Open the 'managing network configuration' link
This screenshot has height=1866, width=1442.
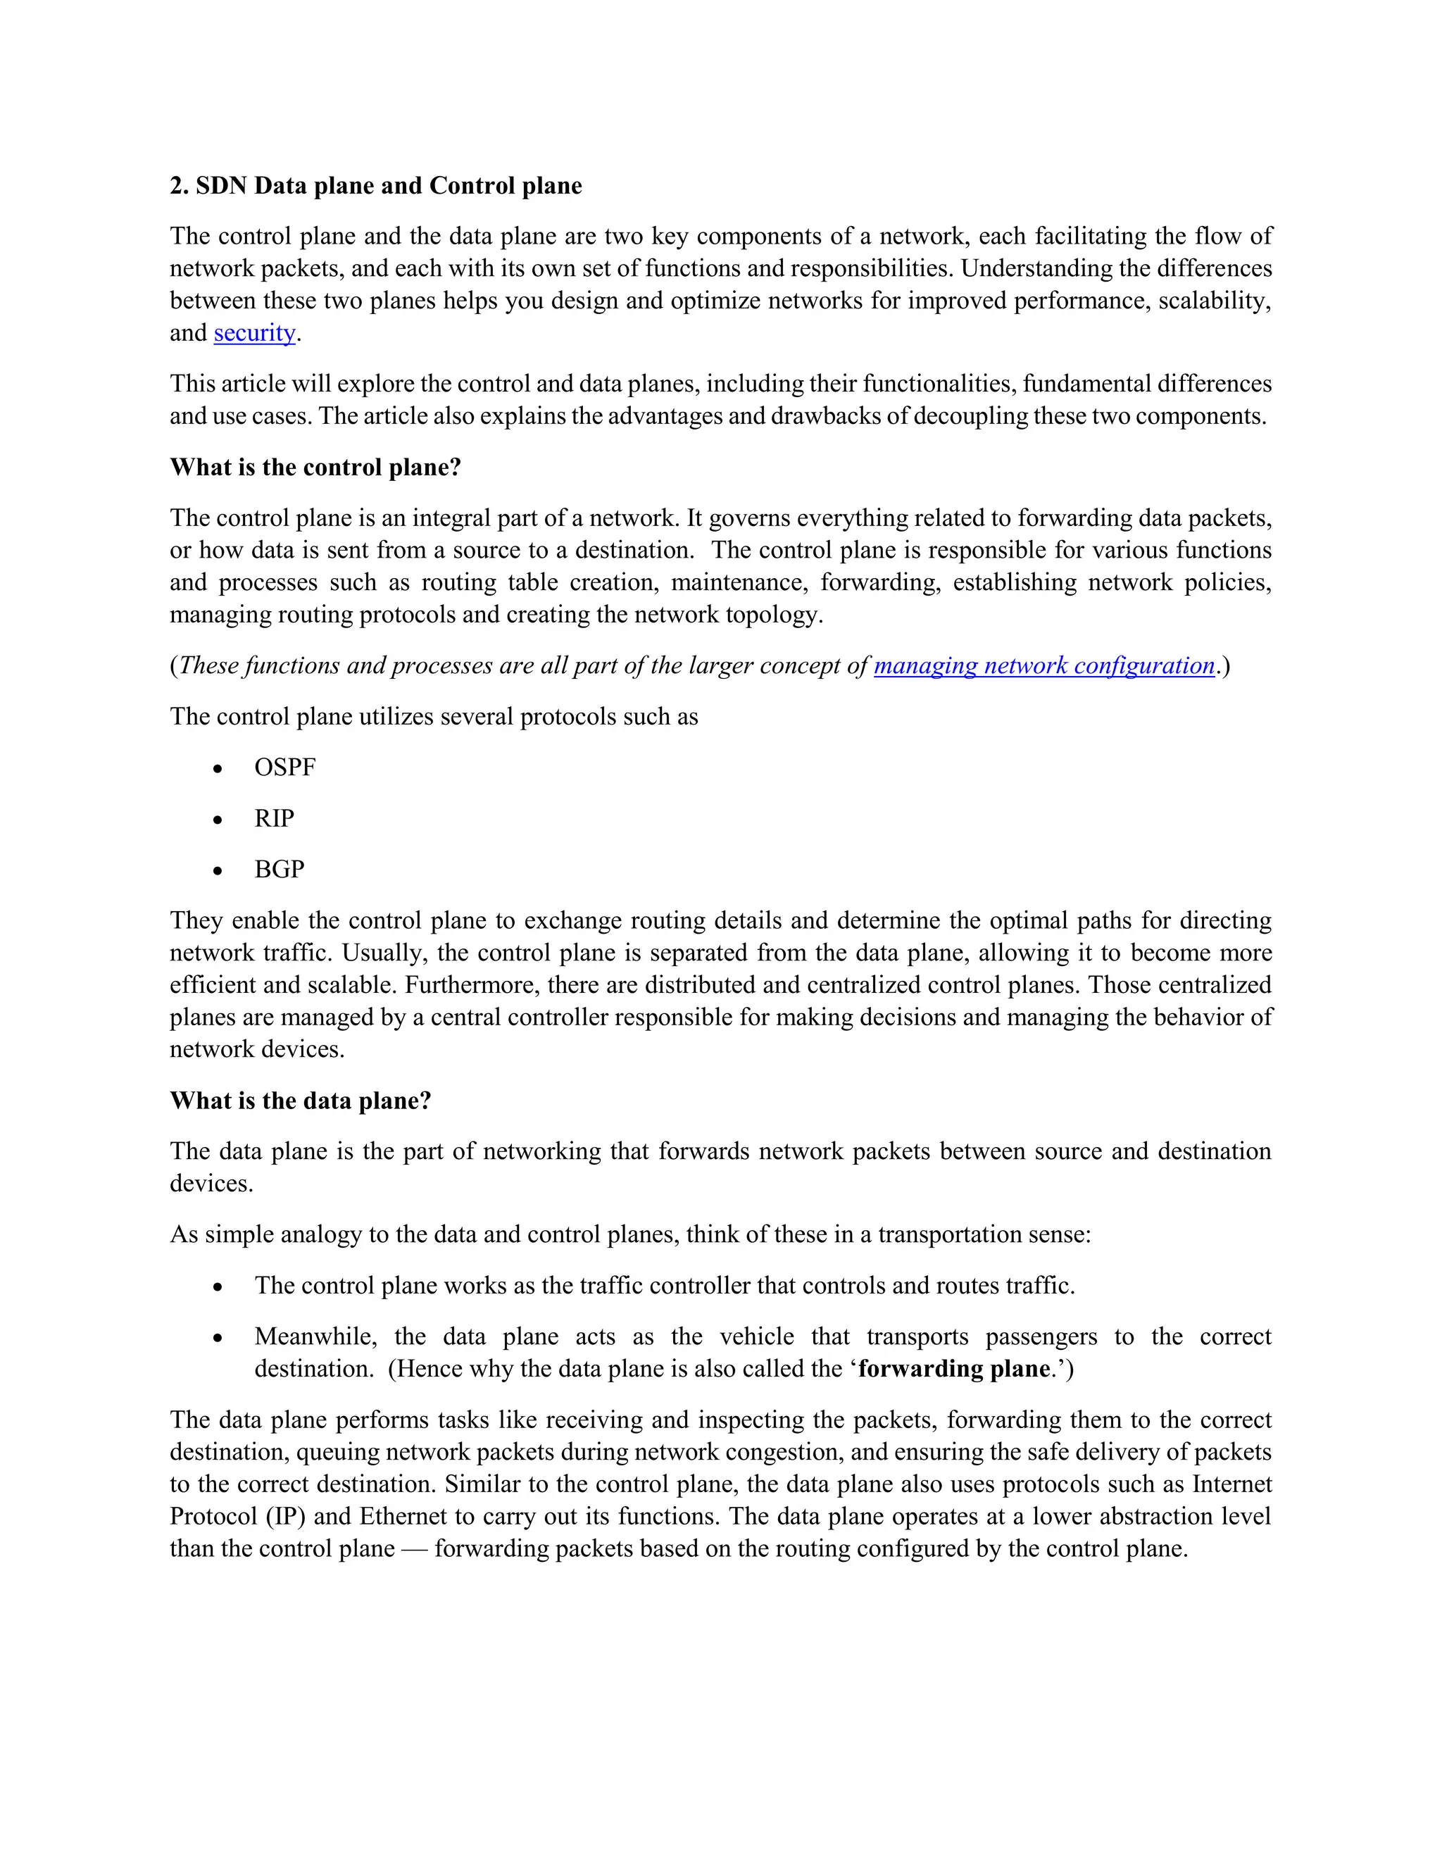click(1044, 665)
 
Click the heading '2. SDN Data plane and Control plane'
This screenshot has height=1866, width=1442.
click(376, 187)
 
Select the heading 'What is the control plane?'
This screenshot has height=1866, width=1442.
click(315, 468)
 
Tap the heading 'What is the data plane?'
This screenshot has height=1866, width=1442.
click(300, 1101)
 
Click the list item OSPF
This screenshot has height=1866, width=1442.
click(284, 768)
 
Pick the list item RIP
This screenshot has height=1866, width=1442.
click(273, 818)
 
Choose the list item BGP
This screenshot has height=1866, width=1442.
click(280, 870)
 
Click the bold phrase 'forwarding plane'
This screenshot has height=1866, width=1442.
click(953, 1369)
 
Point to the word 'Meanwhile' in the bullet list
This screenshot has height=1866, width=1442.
click(315, 1336)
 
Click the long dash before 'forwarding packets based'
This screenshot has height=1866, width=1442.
click(414, 1549)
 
